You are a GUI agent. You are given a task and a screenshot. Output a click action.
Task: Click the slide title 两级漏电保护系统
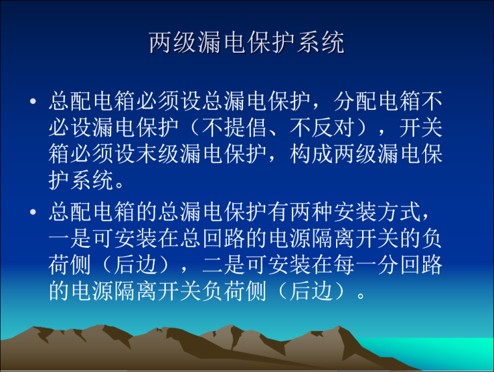(x=246, y=43)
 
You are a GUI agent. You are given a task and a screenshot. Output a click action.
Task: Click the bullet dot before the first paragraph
(x=32, y=102)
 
